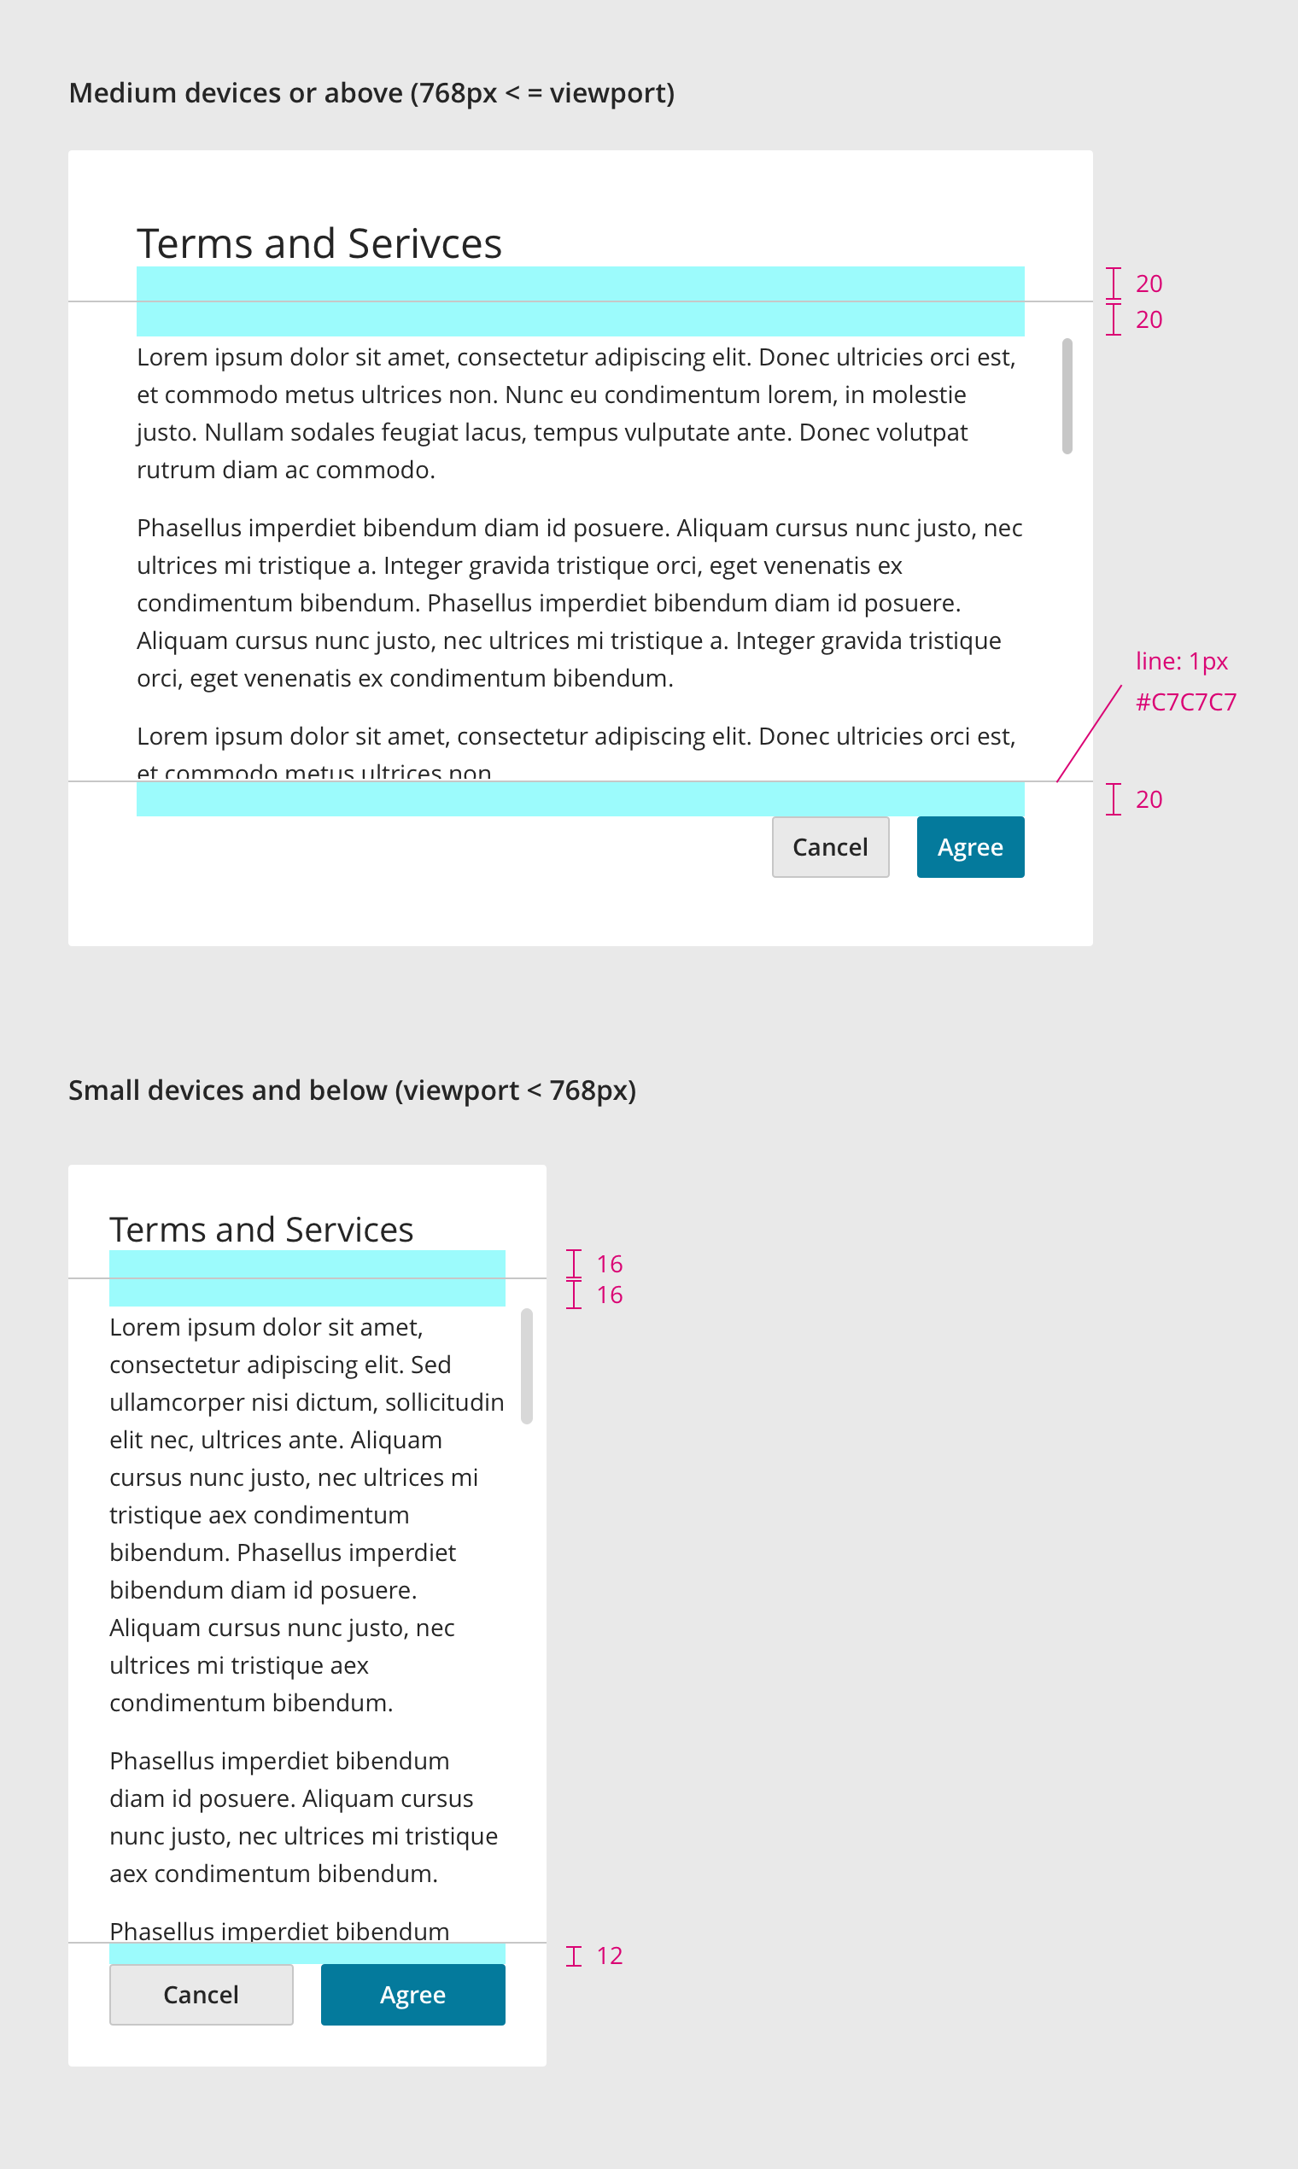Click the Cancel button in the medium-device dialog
830,846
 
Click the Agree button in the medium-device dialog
970,846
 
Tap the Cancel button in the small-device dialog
202,1994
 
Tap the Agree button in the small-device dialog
412,1994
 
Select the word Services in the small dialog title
349,1230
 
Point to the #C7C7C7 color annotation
1185,702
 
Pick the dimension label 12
610,1956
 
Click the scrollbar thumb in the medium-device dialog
1067,396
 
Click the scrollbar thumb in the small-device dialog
527,1366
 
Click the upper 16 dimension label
610,1264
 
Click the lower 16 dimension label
610,1295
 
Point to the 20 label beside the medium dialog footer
1149,799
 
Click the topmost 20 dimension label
1149,284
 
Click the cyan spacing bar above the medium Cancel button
580,799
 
